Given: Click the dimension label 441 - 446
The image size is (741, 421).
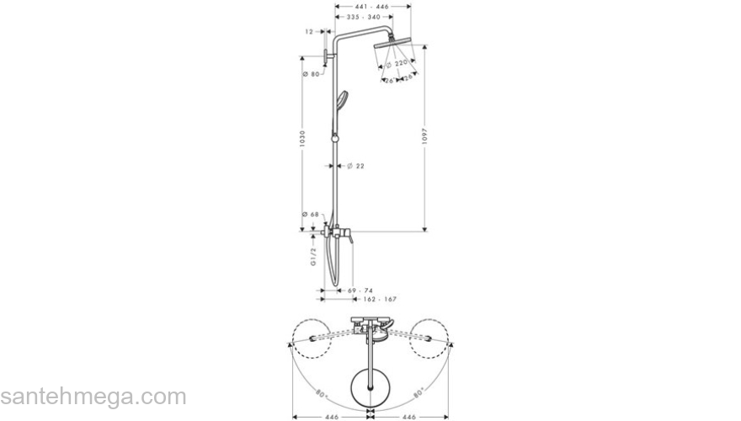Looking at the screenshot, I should click(372, 5).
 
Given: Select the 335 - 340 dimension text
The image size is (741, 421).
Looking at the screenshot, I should click(364, 17).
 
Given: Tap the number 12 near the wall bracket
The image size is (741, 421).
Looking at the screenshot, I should click(309, 31).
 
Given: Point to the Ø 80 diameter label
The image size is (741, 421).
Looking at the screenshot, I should click(312, 75).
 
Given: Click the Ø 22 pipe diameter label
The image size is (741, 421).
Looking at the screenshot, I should click(355, 166).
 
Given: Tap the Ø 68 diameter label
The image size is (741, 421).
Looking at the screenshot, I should click(312, 215).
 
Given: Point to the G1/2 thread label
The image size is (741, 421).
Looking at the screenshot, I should click(312, 256).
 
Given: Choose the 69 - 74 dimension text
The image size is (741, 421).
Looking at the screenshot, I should click(361, 290).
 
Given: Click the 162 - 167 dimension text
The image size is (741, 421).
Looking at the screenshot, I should click(378, 299).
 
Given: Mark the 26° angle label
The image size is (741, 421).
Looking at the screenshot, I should click(388, 80).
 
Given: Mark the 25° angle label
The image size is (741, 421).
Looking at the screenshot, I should click(407, 78).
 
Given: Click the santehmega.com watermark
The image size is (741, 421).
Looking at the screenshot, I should click(93, 397).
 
